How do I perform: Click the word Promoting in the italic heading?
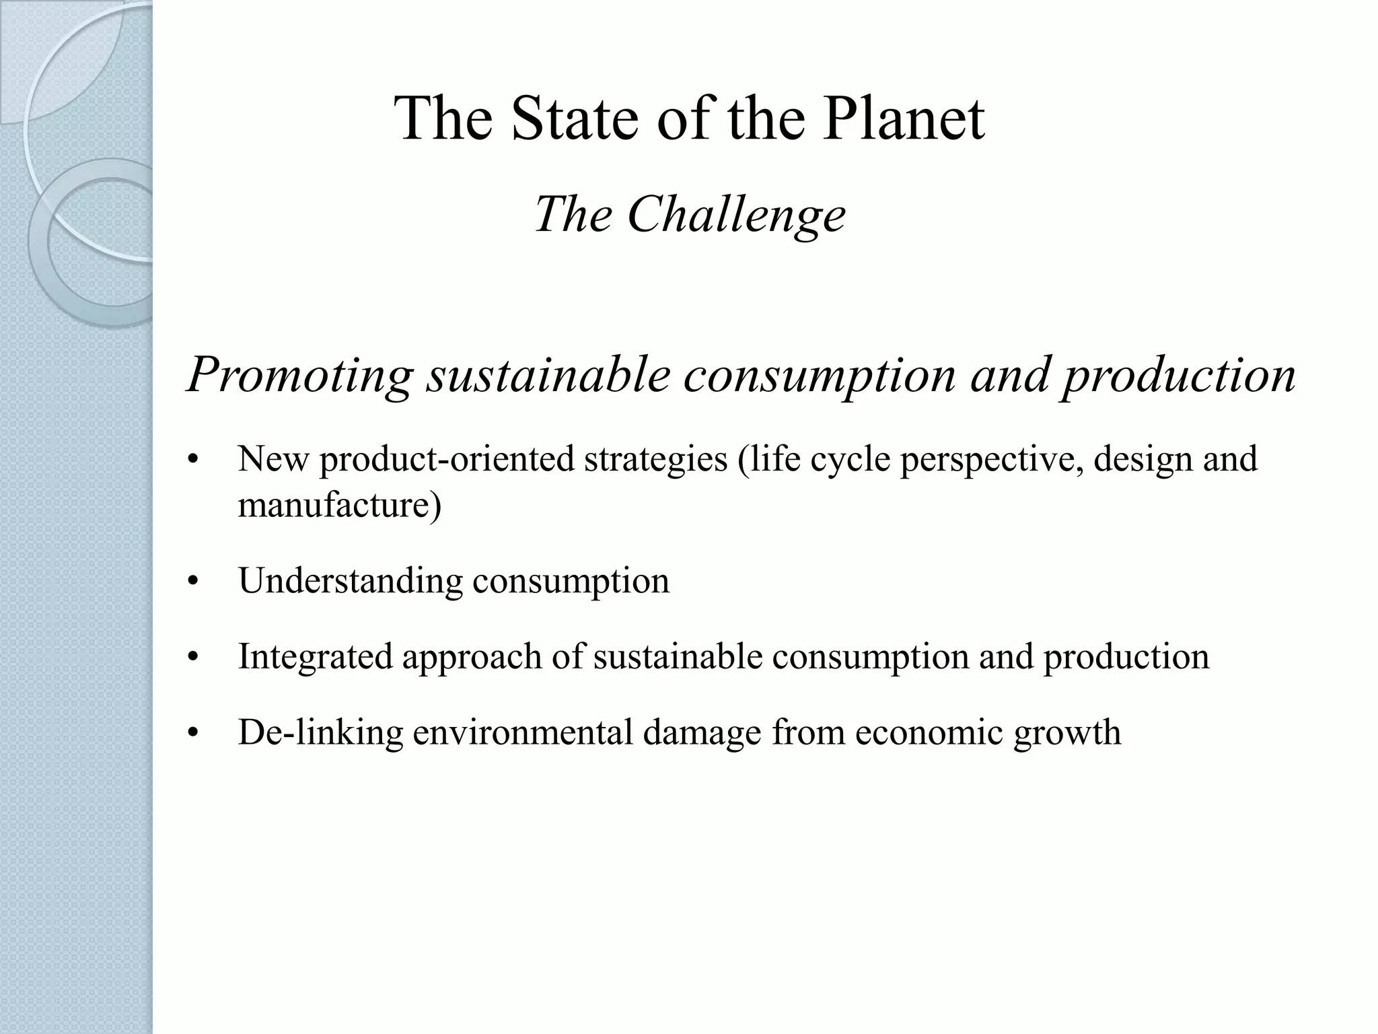pos(299,375)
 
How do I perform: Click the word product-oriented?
pos(447,459)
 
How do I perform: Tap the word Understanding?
pos(351,581)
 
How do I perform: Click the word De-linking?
pos(320,732)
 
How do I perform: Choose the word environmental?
pos(523,732)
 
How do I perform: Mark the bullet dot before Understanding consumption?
pos(194,582)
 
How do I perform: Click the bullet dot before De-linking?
pos(194,733)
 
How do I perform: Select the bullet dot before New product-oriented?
pos(194,460)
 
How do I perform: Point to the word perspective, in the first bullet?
pos(992,460)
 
